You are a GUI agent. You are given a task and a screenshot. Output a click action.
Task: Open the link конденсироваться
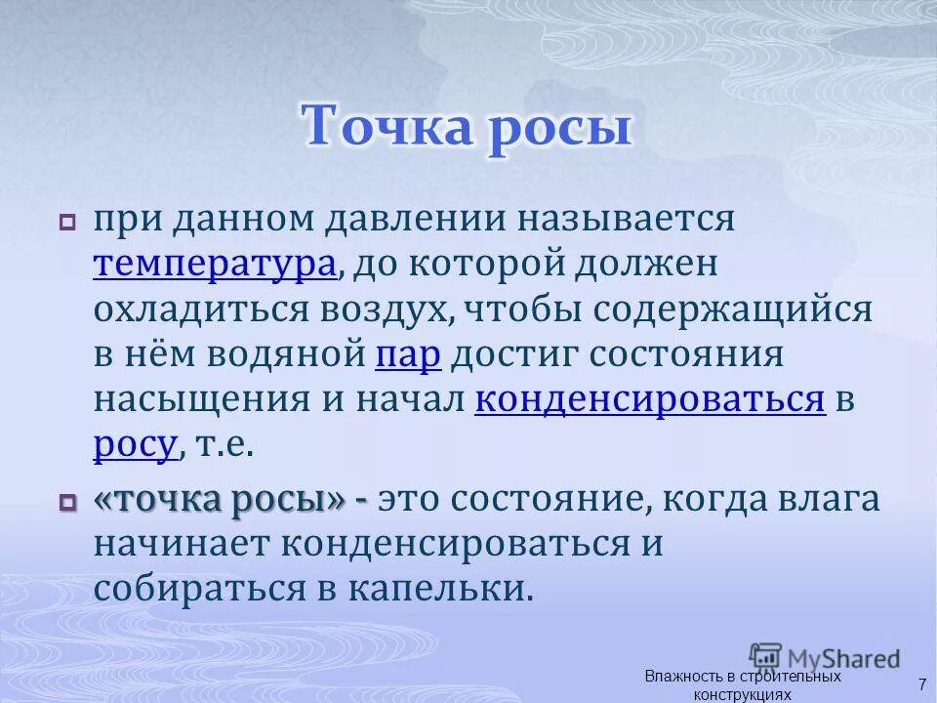pos(650,399)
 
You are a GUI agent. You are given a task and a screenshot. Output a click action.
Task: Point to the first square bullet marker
pos(67,224)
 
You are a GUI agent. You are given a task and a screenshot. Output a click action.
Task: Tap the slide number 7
pos(920,682)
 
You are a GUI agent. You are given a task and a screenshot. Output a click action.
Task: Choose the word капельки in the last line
pos(448,589)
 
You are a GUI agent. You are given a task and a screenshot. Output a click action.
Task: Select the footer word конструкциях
pos(741,694)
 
